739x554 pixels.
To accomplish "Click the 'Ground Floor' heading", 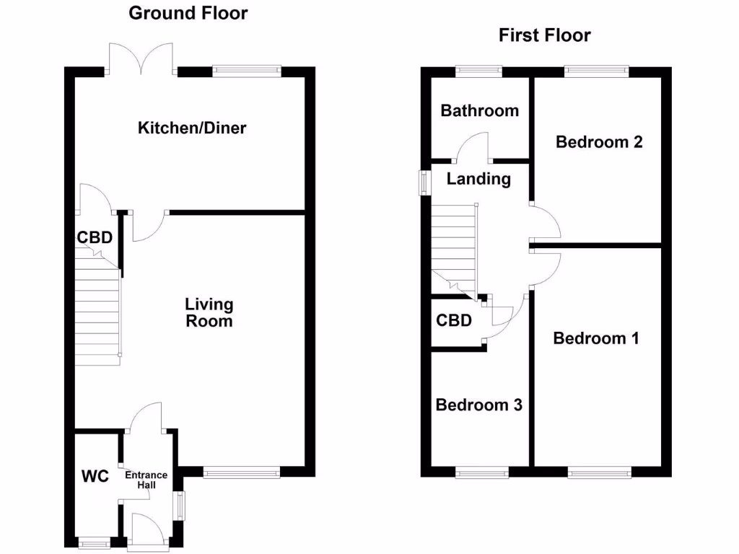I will [x=188, y=13].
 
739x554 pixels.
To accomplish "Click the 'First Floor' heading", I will [x=544, y=35].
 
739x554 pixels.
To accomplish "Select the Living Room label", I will [x=209, y=312].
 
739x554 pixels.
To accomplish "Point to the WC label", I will [x=95, y=476].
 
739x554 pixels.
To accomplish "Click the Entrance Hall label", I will [x=147, y=480].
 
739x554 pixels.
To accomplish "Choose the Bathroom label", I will [x=479, y=110].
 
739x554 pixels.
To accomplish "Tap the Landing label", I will [x=478, y=179].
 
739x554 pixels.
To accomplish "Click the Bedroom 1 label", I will [x=595, y=338].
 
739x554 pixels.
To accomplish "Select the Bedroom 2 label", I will [x=599, y=142].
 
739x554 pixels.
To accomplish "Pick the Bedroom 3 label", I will [x=478, y=405].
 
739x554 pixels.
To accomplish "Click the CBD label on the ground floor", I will [x=95, y=237].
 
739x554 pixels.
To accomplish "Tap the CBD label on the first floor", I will [x=454, y=320].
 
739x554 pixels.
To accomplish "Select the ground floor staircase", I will [x=97, y=310].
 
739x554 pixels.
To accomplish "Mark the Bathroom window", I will [x=479, y=71].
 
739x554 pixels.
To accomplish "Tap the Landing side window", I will [x=424, y=183].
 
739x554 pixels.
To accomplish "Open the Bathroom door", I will [x=474, y=149].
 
